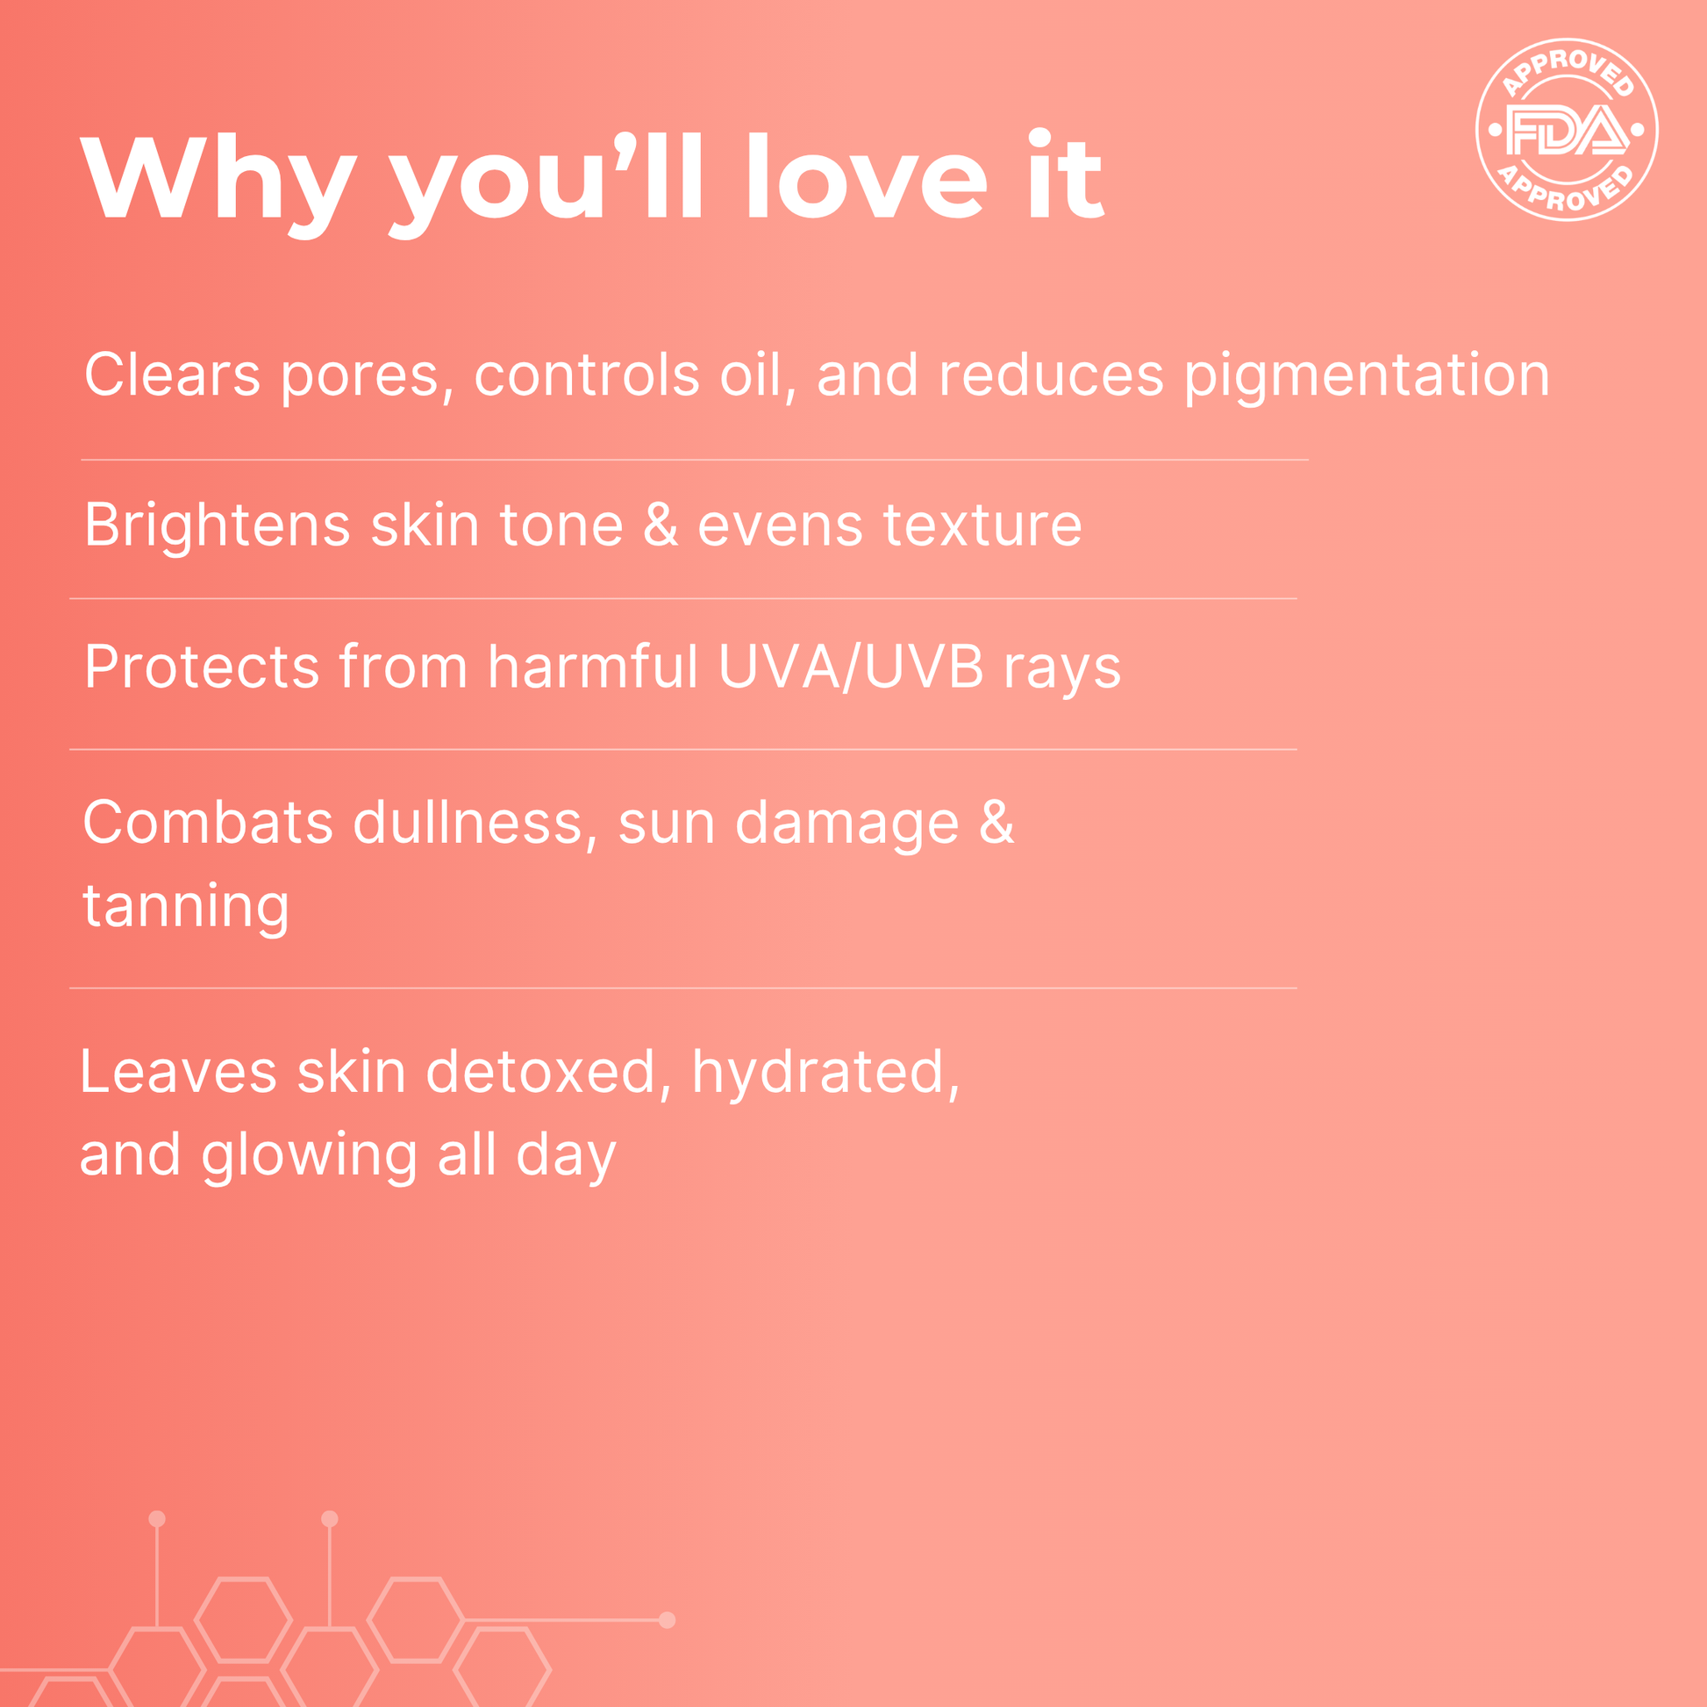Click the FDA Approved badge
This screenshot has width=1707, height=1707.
point(1567,130)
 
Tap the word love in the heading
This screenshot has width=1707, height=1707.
point(867,176)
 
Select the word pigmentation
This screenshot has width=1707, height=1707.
point(1367,375)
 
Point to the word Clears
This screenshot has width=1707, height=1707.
point(172,375)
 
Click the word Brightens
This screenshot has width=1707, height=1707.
point(218,525)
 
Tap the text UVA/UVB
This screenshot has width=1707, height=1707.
point(850,666)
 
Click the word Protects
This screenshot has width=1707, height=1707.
point(202,666)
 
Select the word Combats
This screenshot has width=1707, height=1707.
point(208,823)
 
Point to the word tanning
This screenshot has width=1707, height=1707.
point(186,906)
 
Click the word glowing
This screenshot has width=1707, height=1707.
point(309,1155)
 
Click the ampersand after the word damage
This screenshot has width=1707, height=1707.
point(996,823)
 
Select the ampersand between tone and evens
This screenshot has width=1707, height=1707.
point(660,525)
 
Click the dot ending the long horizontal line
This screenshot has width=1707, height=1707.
point(667,1619)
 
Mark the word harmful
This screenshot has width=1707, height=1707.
point(593,666)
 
